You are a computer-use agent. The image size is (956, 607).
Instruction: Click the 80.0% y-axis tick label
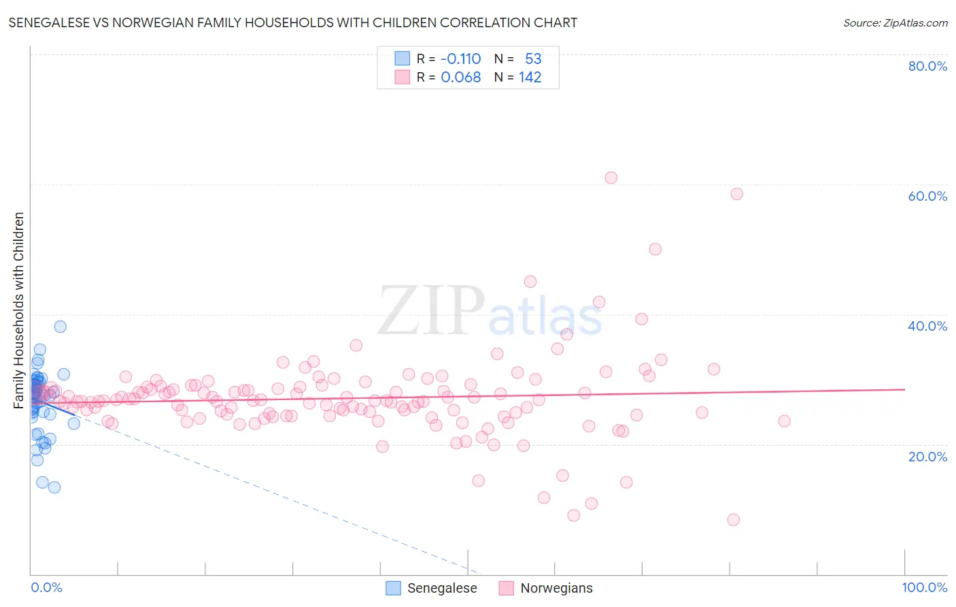[927, 66]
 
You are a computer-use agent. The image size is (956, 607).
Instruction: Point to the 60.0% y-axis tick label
[927, 196]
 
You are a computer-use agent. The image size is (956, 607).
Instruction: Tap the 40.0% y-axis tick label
[927, 326]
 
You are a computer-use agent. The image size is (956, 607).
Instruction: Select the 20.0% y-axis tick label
[927, 457]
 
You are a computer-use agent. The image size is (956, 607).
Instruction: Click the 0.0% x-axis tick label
[46, 587]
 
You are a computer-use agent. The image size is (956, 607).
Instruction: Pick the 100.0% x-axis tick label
[925, 587]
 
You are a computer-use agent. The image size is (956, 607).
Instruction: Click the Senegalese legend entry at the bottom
[432, 588]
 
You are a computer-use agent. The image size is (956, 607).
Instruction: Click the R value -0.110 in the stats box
[460, 59]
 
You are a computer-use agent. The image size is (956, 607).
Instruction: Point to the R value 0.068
[460, 78]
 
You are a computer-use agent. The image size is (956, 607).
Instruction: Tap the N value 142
[530, 78]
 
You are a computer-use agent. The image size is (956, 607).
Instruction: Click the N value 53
[533, 59]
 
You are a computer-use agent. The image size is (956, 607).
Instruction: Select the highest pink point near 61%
[611, 178]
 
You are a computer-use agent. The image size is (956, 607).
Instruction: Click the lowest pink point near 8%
[733, 520]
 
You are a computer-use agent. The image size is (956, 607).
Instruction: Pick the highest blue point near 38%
[61, 327]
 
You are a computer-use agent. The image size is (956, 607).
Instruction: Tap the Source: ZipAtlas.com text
[895, 22]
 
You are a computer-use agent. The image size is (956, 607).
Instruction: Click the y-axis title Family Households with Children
[18, 310]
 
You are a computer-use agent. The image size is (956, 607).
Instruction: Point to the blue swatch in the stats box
[403, 59]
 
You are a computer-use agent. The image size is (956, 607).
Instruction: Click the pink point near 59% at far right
[736, 194]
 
